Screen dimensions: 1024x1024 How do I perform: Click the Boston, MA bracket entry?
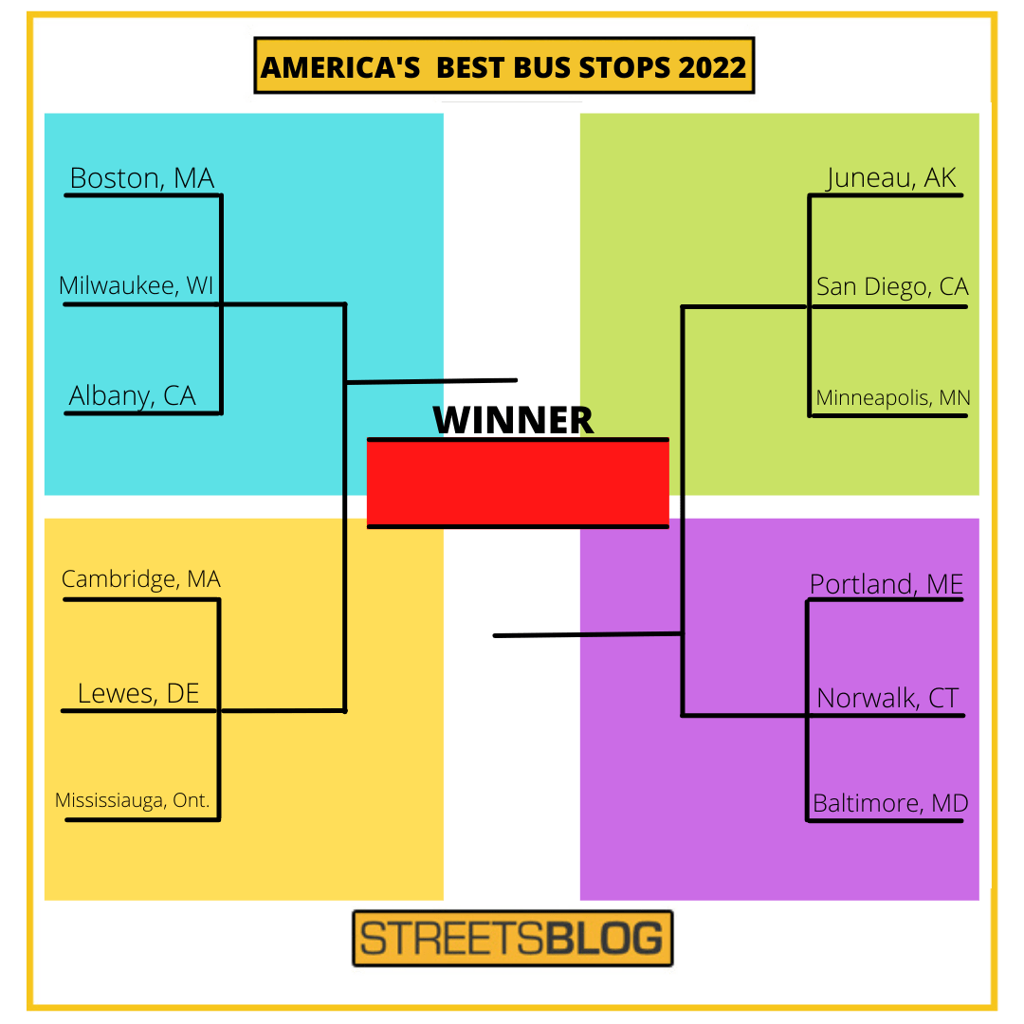pyautogui.click(x=142, y=178)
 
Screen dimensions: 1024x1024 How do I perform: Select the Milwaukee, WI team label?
pyautogui.click(x=137, y=285)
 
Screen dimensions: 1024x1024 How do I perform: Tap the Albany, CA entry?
pyautogui.click(x=133, y=395)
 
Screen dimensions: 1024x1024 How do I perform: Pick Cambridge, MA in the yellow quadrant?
pyautogui.click(x=141, y=578)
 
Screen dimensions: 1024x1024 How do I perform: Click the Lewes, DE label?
pyautogui.click(x=138, y=693)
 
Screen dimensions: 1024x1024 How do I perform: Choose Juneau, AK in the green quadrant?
pyautogui.click(x=891, y=178)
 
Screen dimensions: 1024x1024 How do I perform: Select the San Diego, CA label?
pyautogui.click(x=892, y=286)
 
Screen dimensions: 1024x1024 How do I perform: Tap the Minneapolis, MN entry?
pyautogui.click(x=893, y=397)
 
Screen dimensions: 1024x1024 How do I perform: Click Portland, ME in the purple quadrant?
pyautogui.click(x=887, y=584)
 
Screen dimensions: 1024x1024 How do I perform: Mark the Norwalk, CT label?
pyautogui.click(x=888, y=699)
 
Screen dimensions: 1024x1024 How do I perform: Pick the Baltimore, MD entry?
pyautogui.click(x=890, y=804)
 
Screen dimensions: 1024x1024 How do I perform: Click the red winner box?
pyautogui.click(x=518, y=484)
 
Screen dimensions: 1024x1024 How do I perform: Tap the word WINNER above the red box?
pyautogui.click(x=513, y=420)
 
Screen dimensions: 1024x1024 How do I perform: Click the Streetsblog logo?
pyautogui.click(x=512, y=939)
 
